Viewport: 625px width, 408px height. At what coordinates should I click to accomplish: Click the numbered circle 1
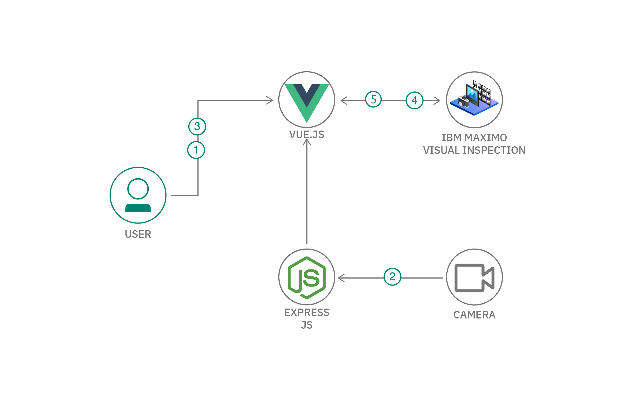coord(196,150)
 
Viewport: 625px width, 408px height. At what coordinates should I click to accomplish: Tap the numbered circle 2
coord(392,277)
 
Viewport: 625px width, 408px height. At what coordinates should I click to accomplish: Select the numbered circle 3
coord(197,126)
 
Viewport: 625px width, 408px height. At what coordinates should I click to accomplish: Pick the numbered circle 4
coord(414,100)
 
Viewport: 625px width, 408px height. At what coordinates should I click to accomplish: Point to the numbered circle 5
coord(373,99)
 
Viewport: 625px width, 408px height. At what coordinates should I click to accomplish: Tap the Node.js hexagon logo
coord(307,277)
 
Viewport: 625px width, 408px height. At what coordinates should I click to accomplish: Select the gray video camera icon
coord(474,278)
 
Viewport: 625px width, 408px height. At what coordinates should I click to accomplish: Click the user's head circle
coord(138,189)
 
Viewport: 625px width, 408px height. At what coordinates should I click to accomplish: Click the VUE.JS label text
coord(307,134)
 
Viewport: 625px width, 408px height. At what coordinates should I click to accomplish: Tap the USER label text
coord(138,234)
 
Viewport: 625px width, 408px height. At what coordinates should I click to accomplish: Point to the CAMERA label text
coord(474,315)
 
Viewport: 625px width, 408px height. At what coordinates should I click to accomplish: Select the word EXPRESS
coord(307,312)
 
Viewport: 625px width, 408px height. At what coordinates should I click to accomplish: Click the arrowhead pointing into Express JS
coord(341,278)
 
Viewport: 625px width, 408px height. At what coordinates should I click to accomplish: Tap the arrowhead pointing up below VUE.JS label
coord(307,142)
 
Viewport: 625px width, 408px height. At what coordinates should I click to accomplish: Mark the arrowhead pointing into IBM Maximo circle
coord(437,101)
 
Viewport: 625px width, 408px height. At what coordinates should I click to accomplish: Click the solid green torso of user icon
coord(138,208)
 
